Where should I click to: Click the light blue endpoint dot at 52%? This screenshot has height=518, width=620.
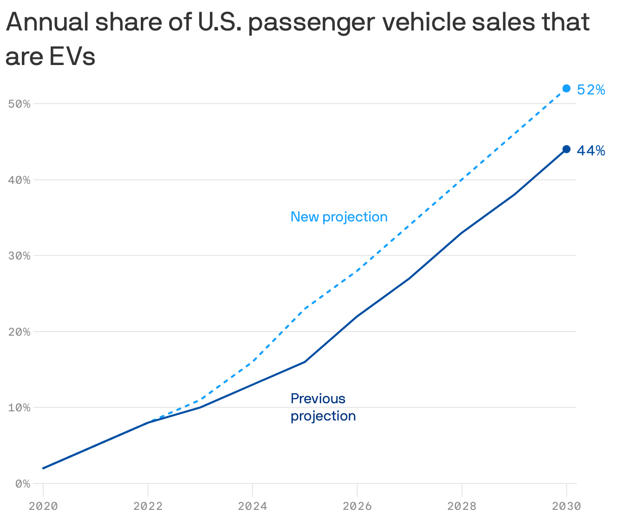click(x=566, y=88)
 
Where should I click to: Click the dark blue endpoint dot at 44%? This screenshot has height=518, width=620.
click(x=566, y=149)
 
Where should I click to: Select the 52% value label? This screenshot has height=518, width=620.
click(x=591, y=90)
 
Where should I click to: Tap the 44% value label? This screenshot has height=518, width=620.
click(x=591, y=151)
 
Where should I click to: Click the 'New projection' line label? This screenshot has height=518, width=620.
click(x=339, y=217)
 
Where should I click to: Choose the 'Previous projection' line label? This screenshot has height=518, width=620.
click(x=323, y=407)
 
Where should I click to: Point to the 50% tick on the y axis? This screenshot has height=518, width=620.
click(x=20, y=104)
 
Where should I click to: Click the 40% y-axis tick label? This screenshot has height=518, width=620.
click(x=20, y=180)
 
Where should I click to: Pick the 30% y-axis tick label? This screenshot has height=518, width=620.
click(x=20, y=255)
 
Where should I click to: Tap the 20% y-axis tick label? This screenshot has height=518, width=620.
click(x=20, y=332)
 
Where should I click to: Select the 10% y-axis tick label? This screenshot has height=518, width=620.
click(x=20, y=407)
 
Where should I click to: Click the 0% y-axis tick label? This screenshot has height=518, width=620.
click(x=22, y=483)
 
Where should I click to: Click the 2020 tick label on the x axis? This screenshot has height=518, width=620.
click(x=43, y=506)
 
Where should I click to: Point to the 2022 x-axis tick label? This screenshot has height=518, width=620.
click(x=148, y=506)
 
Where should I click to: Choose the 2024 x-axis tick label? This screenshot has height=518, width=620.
click(x=253, y=506)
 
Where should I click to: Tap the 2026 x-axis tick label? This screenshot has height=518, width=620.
click(x=357, y=506)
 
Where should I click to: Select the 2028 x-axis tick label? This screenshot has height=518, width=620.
click(x=461, y=506)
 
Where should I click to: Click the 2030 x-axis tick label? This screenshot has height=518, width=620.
click(x=566, y=506)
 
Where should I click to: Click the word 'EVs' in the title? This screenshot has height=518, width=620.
click(x=72, y=57)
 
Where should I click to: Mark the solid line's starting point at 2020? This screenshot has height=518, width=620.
click(x=44, y=468)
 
